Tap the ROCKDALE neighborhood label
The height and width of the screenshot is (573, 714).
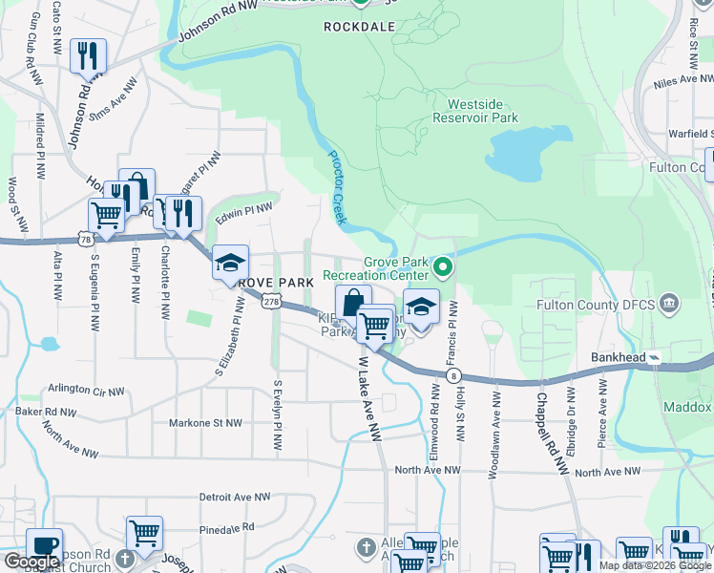[x=359, y=27]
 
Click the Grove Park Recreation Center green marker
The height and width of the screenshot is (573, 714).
[x=442, y=265]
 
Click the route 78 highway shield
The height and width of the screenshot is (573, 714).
[x=86, y=238]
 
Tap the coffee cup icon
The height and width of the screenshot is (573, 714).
[x=44, y=546]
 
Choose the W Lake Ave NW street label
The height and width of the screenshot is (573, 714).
[x=369, y=399]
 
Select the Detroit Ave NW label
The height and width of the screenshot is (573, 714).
[x=235, y=497]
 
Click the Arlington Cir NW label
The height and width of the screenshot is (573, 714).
[x=87, y=392]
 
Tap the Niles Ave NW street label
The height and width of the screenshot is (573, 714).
[x=680, y=83]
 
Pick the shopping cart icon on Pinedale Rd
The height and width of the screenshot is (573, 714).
[x=144, y=533]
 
